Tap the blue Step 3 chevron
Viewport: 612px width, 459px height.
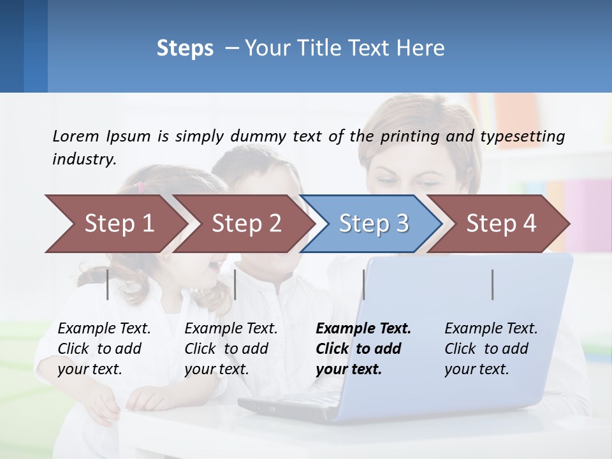point(374,224)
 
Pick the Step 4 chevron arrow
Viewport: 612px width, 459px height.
point(501,224)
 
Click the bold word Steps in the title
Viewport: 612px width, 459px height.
point(185,48)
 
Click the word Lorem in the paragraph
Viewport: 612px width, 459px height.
point(76,136)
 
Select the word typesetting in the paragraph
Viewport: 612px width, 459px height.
point(528,136)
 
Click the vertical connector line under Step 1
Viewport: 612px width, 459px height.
point(108,284)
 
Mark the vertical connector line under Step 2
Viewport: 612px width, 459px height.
point(235,284)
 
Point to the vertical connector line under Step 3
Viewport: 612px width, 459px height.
point(363,284)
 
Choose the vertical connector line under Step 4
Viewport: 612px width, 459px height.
point(493,284)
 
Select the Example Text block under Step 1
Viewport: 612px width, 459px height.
point(104,349)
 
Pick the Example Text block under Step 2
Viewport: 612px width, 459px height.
point(231,349)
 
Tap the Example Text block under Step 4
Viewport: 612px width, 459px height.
point(491,349)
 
